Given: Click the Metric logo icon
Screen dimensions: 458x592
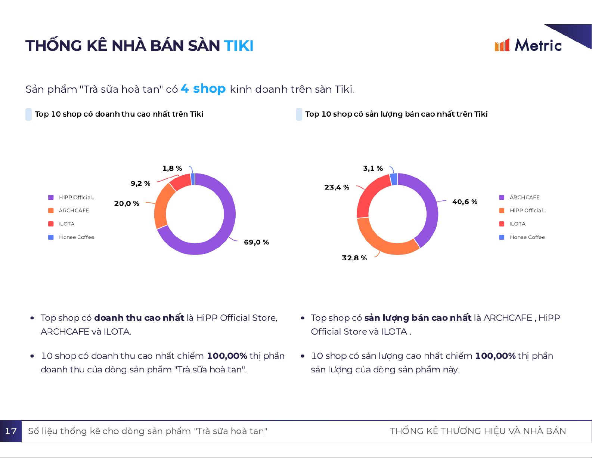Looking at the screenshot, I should [502, 45].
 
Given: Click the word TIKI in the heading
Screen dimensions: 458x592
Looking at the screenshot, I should [239, 46].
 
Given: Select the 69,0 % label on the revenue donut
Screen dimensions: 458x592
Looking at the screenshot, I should [256, 242].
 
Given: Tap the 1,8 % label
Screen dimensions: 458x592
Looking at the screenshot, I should [172, 169].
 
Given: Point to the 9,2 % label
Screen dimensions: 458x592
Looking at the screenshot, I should [140, 184].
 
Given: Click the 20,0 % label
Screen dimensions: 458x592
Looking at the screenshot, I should [127, 204].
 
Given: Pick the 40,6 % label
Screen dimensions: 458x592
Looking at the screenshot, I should [465, 202].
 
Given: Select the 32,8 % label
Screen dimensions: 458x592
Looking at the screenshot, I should [354, 258].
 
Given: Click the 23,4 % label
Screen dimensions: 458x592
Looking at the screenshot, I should [337, 187].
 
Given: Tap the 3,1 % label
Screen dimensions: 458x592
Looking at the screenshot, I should [373, 169].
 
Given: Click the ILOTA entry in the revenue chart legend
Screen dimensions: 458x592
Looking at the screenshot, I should [66, 224].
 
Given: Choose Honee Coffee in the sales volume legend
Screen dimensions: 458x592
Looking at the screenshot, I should [527, 237].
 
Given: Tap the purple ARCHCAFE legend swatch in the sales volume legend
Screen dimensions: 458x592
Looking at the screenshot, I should [502, 197].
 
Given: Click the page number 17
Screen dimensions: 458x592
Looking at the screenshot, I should [11, 431].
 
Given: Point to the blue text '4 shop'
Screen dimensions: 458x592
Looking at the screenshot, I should [203, 89].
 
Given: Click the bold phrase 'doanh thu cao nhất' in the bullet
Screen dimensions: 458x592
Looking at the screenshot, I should [139, 318].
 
